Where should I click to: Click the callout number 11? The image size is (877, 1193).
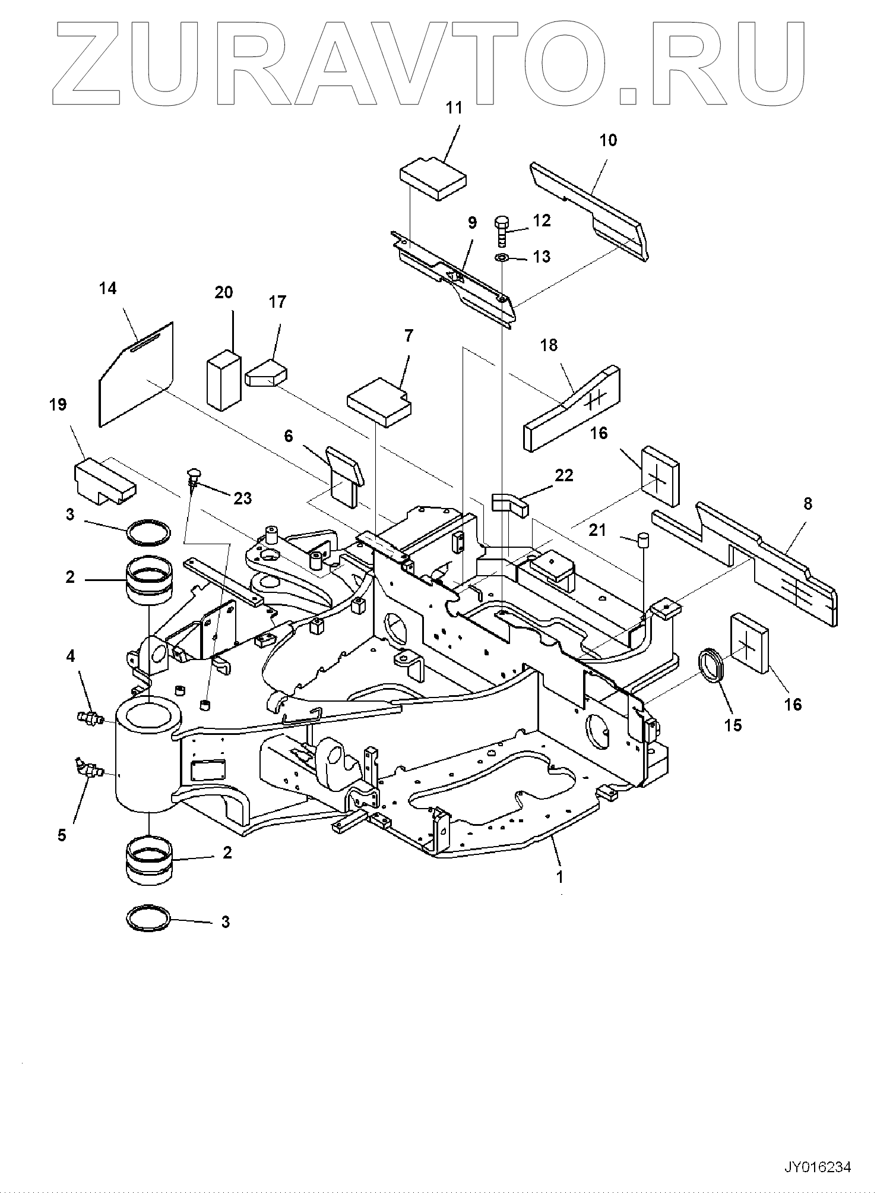pos(471,108)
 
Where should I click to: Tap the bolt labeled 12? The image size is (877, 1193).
pos(501,231)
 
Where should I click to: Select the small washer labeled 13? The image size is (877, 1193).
pos(501,258)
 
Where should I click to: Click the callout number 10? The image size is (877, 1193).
pos(608,140)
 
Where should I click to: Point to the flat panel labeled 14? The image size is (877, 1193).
pos(135,374)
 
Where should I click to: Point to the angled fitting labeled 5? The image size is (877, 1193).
pos(88,770)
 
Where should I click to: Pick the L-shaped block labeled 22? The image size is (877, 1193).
pos(510,501)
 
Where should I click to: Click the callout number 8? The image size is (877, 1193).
pos(806,504)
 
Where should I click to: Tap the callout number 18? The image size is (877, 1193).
pos(549,345)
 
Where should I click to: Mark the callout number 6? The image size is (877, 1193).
pos(289,437)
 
